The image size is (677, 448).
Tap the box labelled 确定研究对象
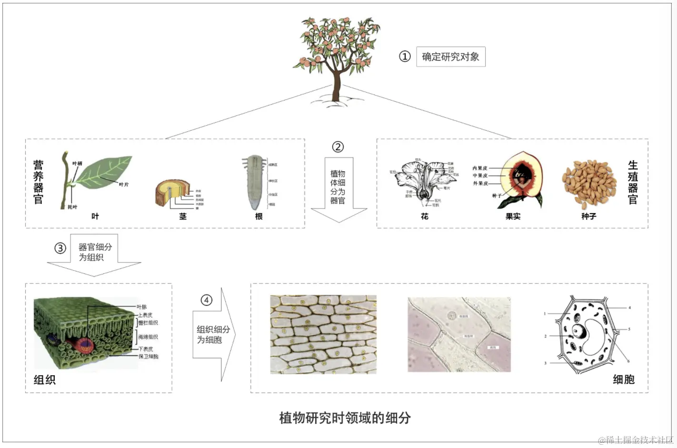click(x=450, y=57)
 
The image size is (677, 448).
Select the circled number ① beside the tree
click(x=405, y=57)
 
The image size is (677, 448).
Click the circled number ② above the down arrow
click(x=338, y=146)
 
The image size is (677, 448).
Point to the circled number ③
click(x=60, y=248)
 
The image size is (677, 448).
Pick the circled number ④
click(x=206, y=300)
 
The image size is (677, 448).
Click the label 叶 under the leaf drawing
click(x=95, y=216)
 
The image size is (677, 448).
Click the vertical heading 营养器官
click(x=39, y=182)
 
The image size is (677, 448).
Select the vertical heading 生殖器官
click(x=633, y=182)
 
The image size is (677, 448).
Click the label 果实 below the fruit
click(x=513, y=216)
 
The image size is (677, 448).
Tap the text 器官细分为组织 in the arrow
click(x=95, y=252)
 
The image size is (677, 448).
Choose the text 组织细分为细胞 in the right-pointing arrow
click(x=212, y=334)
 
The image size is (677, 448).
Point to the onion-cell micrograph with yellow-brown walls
click(x=323, y=334)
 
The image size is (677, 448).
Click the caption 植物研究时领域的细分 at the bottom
click(x=345, y=418)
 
